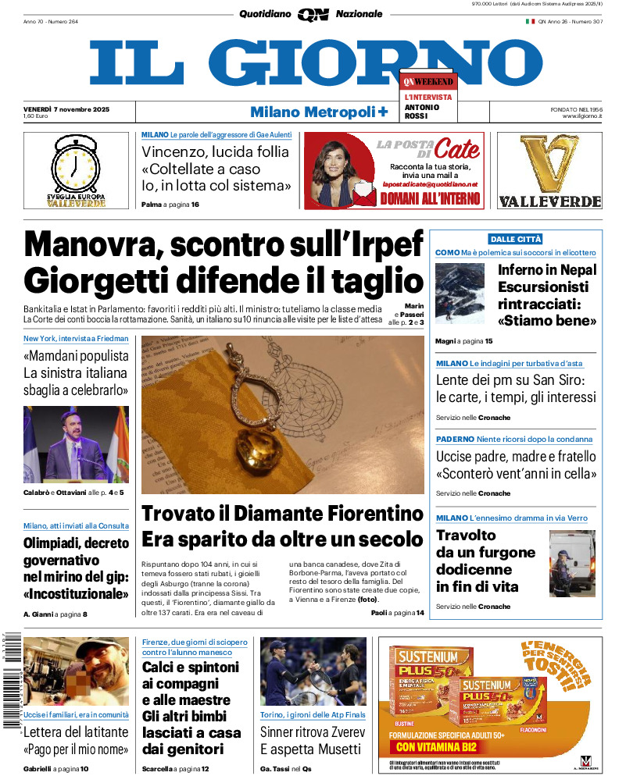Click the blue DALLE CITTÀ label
[x=515, y=239]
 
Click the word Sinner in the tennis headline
[x=282, y=732]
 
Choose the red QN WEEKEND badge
[x=428, y=81]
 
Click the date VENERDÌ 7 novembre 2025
[x=66, y=109]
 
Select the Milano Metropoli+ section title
[x=319, y=112]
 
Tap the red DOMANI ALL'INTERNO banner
[x=430, y=199]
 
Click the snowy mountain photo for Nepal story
[x=460, y=293]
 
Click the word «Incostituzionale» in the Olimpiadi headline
[x=76, y=594]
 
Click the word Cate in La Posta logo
[x=457, y=148]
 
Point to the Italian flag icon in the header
[x=530, y=22]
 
